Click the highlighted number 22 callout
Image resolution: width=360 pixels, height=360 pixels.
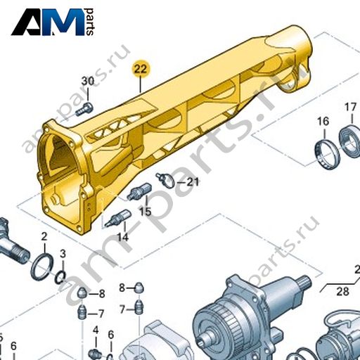pos(141,70)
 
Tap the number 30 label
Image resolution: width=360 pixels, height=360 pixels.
pos(88,82)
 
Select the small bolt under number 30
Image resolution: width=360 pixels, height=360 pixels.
pos(84,109)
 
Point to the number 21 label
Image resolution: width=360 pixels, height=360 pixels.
pos(193,182)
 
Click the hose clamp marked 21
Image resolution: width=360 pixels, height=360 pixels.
pos(167,180)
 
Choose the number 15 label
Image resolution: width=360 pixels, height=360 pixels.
pos(146,212)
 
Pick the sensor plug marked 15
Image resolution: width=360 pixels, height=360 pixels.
pos(139,191)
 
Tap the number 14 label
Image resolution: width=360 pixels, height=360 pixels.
pos(123,238)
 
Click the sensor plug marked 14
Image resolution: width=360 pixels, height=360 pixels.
pos(118,218)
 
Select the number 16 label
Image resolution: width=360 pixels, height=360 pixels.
pos(323,122)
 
